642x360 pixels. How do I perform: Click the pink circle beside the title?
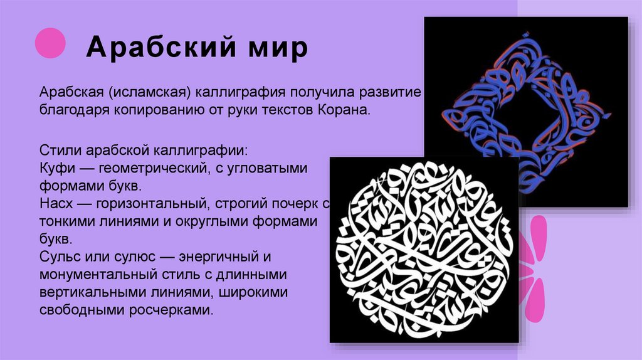pos(50,43)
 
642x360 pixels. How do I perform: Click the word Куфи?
pos(56,169)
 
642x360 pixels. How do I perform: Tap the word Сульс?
pos(60,257)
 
